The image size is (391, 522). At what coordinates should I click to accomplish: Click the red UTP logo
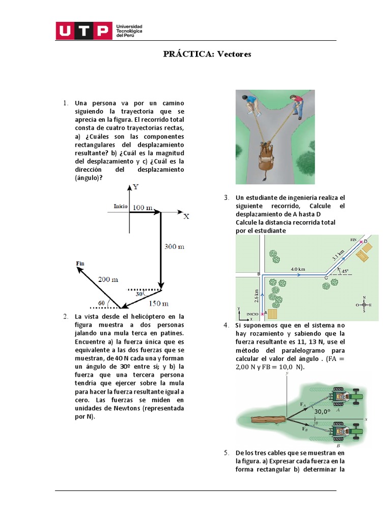coord(84,31)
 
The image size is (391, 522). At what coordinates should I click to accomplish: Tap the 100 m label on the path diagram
coord(143,207)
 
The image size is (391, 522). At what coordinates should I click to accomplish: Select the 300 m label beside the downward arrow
coord(174,247)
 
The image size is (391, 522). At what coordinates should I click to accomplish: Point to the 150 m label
coord(158,304)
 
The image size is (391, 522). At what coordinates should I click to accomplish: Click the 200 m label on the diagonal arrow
coord(107,279)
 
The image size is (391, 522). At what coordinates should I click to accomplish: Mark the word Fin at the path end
coord(80,263)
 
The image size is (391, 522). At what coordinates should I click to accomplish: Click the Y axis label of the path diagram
coord(135,187)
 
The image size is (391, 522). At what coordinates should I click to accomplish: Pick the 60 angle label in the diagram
coord(101,303)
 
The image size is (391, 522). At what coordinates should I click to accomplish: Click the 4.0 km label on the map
coord(298,269)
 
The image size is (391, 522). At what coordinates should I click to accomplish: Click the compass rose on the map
coord(364,304)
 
